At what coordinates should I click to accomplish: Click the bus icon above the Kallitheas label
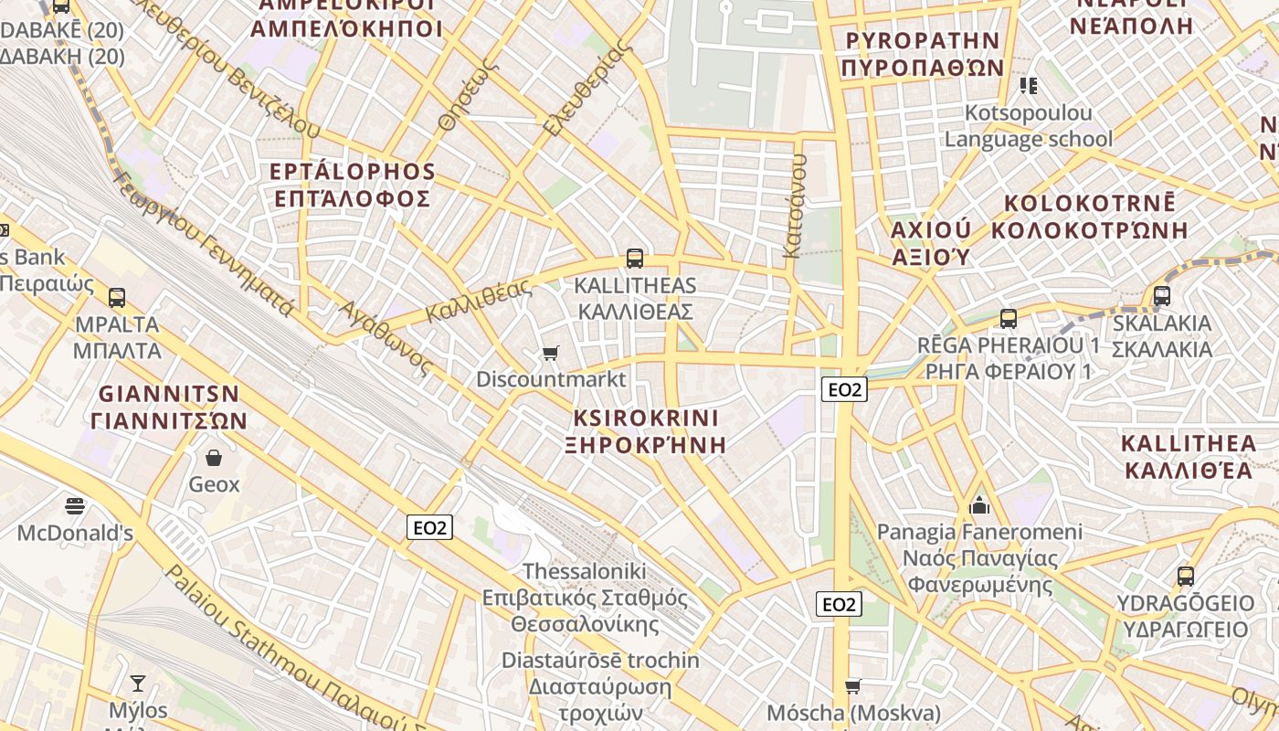(635, 259)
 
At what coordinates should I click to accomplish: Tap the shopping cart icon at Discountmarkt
(550, 353)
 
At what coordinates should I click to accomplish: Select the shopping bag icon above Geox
(214, 457)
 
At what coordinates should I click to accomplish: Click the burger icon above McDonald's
(75, 505)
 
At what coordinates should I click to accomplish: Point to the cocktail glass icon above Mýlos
(138, 683)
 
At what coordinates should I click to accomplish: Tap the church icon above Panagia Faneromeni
(979, 504)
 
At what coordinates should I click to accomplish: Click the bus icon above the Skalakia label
(1161, 296)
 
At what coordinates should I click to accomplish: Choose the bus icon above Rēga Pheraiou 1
(1009, 319)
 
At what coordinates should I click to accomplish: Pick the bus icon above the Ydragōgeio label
(1186, 577)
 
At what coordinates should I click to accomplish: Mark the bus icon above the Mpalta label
(117, 297)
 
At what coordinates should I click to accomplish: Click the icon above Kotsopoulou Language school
(1029, 86)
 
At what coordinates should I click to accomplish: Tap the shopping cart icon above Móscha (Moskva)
(852, 685)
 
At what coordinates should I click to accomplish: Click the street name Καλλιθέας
(479, 301)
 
